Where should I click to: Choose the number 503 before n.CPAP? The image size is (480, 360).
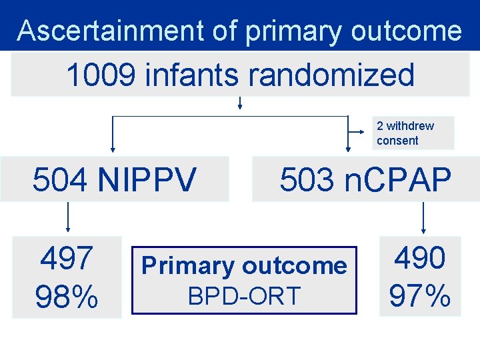[307, 179]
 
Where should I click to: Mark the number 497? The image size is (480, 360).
[67, 259]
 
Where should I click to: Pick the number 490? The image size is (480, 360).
[420, 257]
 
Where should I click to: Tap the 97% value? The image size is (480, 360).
[420, 295]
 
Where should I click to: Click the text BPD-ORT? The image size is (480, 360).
[244, 296]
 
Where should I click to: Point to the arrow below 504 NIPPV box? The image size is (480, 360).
[67, 217]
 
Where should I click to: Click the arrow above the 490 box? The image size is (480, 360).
[423, 217]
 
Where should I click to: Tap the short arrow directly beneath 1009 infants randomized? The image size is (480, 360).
[239, 102]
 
